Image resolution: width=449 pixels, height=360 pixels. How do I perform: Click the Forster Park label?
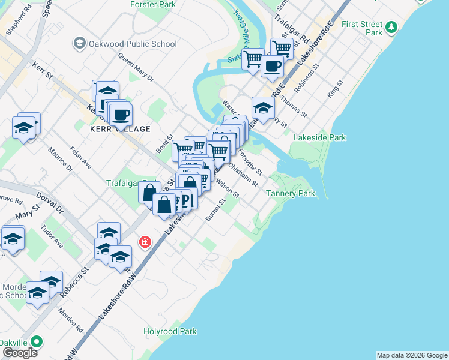pyautogui.click(x=153, y=4)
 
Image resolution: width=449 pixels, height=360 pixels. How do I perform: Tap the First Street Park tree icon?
pyautogui.click(x=391, y=27)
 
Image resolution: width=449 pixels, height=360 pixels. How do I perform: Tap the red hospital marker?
pyautogui.click(x=145, y=242)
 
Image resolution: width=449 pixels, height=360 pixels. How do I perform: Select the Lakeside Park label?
pyautogui.click(x=319, y=137)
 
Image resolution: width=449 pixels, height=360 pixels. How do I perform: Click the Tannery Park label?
pyautogui.click(x=291, y=194)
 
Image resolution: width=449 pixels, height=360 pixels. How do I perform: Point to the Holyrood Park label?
pyautogui.click(x=170, y=331)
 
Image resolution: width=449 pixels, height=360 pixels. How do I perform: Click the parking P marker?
pyautogui.click(x=185, y=201)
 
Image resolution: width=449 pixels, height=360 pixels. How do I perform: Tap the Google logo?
pyautogui.click(x=20, y=353)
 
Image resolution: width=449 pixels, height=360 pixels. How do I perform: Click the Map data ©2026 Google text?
pyautogui.click(x=411, y=355)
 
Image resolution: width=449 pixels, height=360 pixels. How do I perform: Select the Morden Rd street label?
pyautogui.click(x=71, y=322)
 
